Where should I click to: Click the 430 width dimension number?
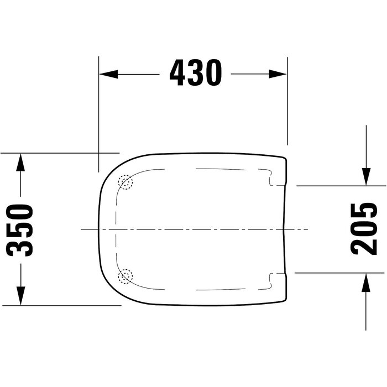(x=196, y=72)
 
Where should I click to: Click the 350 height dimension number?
(x=19, y=230)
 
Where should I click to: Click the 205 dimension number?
(x=364, y=229)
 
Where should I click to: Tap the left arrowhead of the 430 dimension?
(x=108, y=74)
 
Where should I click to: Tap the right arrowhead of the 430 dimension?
(x=278, y=74)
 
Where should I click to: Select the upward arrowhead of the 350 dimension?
(x=20, y=162)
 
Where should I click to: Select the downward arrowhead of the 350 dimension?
(x=21, y=296)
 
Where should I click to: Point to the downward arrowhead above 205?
(x=366, y=176)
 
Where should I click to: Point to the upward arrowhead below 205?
(x=366, y=283)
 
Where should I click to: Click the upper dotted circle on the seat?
(x=125, y=182)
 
